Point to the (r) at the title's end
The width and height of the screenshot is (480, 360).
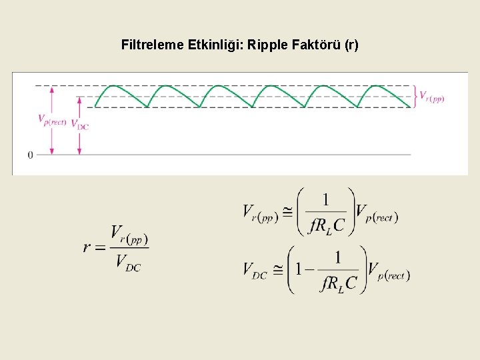click(351, 45)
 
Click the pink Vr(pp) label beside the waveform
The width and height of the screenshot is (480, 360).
click(431, 97)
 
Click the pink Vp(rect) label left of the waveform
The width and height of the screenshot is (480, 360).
click(52, 120)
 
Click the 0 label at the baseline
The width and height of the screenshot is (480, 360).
click(30, 155)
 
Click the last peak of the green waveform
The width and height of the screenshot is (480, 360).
click(377, 86)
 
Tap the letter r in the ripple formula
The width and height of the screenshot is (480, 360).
click(87, 247)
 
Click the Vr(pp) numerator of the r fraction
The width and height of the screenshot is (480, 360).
click(129, 235)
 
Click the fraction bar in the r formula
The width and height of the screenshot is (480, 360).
click(128, 248)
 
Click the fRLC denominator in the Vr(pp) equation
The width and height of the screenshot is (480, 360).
click(327, 226)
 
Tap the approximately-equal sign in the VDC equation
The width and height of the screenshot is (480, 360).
click(277, 270)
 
